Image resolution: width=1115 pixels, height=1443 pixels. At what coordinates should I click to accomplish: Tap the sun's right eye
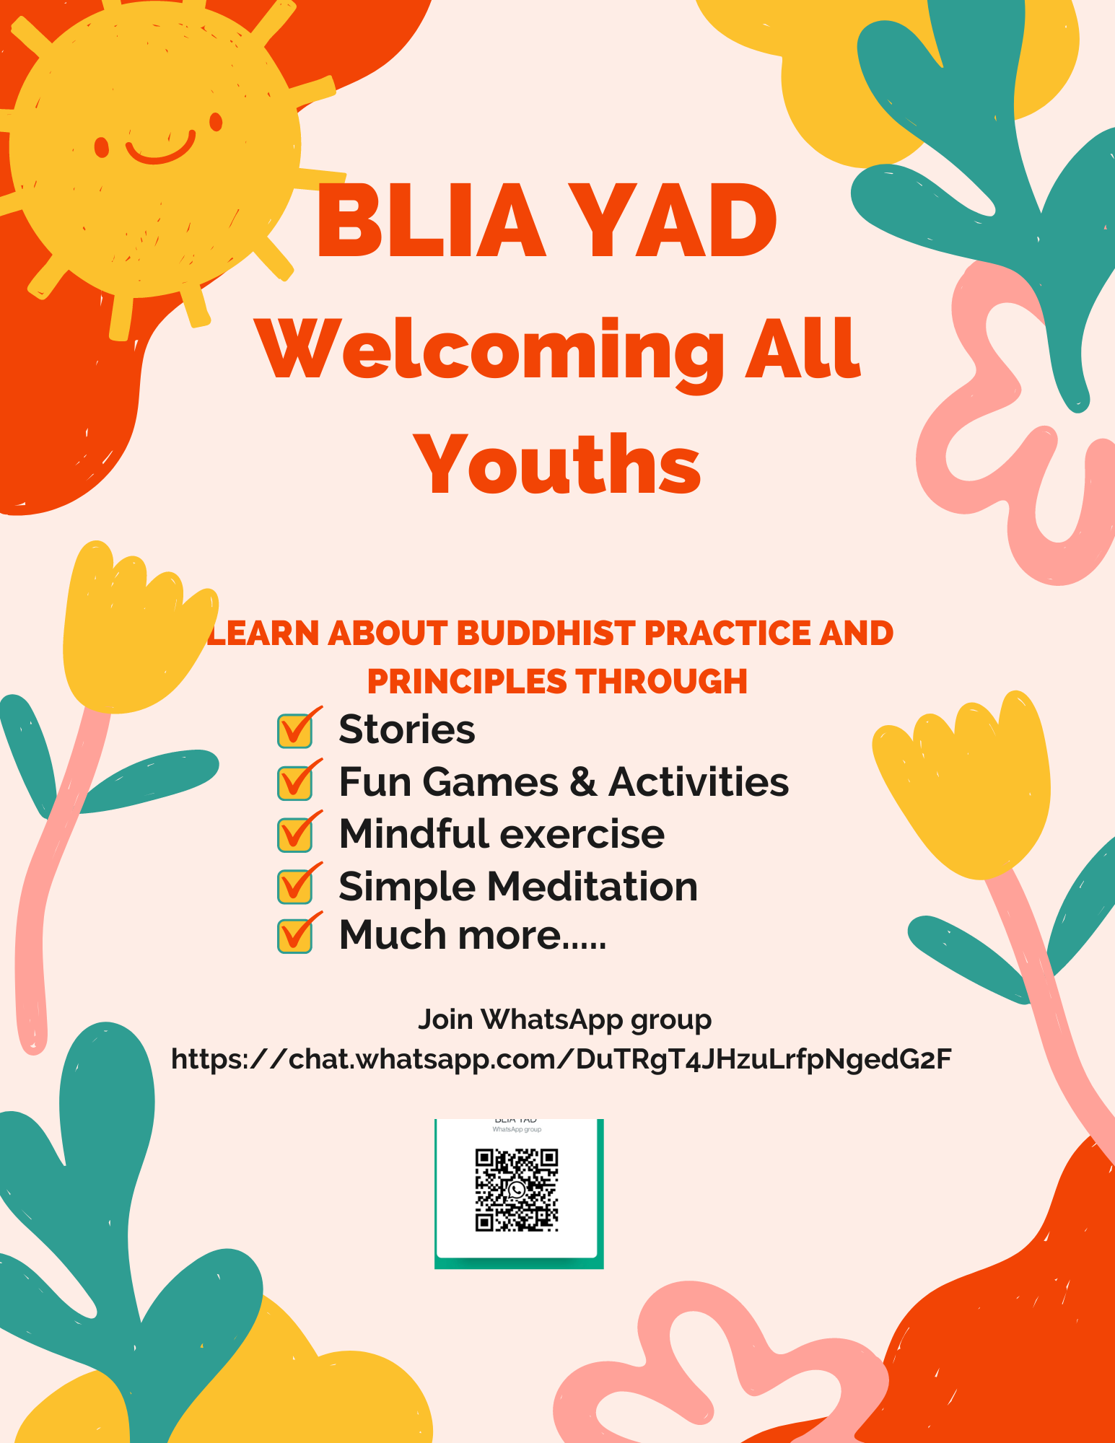pos(216,122)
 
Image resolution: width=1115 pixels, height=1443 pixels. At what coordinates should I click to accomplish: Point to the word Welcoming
pos(492,354)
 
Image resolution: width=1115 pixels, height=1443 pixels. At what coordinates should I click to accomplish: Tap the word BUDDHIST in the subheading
pos(546,633)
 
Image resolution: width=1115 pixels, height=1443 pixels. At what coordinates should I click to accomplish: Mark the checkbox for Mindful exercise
pos(295,834)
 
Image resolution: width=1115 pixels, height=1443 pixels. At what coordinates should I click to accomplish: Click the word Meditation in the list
pos(593,886)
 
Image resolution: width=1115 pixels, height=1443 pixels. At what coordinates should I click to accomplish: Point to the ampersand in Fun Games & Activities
pos(583,782)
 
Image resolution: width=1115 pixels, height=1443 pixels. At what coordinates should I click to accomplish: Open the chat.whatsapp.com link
pos(561,1059)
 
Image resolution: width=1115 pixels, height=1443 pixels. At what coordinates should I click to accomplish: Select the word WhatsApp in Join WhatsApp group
pos(552,1019)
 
